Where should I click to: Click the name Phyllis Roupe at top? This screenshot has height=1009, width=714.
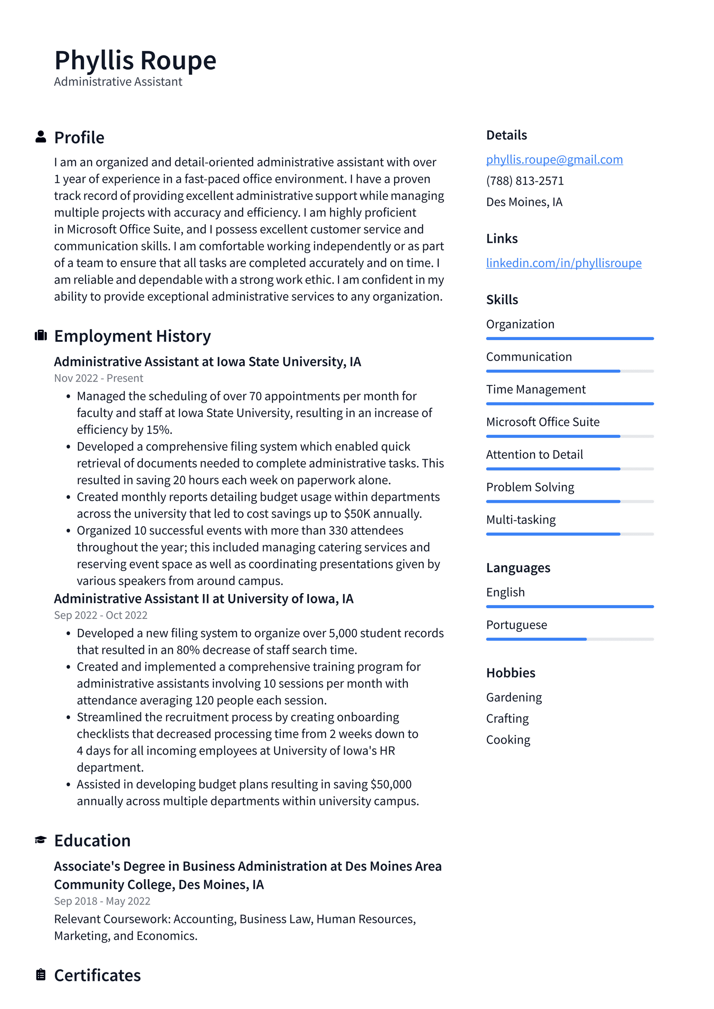135,60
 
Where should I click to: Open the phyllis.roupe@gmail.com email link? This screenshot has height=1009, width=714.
554,159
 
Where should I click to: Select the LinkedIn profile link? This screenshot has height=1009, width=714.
563,263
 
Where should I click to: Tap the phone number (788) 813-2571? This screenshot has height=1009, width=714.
524,181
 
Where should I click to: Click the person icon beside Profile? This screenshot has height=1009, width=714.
41,137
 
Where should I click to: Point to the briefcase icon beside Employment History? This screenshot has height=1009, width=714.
41,335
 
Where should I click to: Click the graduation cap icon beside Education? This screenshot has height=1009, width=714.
41,840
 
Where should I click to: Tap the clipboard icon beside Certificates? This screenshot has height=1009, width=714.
41,975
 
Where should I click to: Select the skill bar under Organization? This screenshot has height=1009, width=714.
569,339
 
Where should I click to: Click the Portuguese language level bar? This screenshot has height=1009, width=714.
569,639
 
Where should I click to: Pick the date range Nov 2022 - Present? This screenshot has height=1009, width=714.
98,378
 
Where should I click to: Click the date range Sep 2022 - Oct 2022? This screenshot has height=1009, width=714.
100,615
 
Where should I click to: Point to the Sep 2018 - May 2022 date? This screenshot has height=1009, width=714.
102,901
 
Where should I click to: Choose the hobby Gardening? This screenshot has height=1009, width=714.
514,697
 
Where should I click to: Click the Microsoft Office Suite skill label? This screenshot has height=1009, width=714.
542,422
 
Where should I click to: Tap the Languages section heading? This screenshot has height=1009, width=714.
518,568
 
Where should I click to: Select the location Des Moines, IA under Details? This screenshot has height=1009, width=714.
524,202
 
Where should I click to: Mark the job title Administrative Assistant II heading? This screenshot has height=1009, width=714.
203,598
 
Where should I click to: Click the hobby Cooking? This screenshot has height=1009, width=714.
508,739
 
